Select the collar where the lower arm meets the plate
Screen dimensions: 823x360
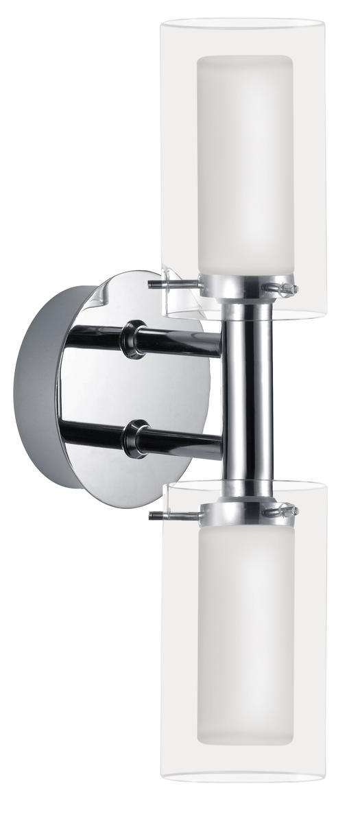click(x=132, y=438)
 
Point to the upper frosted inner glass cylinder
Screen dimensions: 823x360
click(x=244, y=165)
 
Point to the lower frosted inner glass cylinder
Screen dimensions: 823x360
click(x=244, y=631)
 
